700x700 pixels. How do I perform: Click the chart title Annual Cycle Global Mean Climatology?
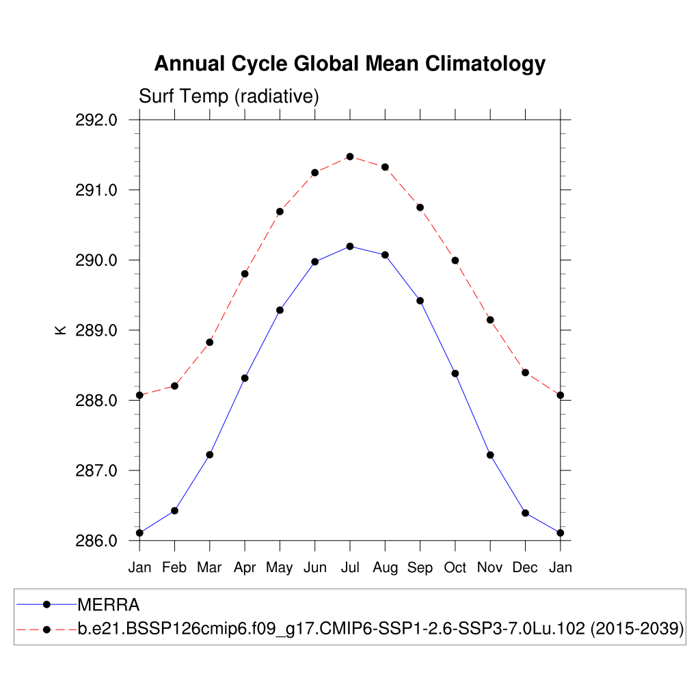pos(349,64)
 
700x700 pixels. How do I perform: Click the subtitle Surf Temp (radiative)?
pos(229,96)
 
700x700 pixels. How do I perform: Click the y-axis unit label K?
pos(61,330)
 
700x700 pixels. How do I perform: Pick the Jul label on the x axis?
pos(350,567)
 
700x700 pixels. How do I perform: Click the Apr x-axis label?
pos(245,567)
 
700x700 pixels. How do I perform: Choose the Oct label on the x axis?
pos(455,567)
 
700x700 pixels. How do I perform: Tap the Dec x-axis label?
pos(525,567)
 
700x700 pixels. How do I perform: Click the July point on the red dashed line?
pos(350,157)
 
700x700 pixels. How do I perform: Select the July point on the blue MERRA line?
pos(350,246)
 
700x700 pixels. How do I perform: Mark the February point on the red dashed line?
pos(175,386)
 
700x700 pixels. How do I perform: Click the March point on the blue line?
pos(210,455)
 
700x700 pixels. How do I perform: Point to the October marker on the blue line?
pos(455,373)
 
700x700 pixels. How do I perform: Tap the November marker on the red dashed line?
pos(490,320)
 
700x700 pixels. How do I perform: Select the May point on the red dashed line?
pos(280,211)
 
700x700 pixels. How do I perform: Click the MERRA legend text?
pos(109,605)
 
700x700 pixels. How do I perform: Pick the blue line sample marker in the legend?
pos(46,604)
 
